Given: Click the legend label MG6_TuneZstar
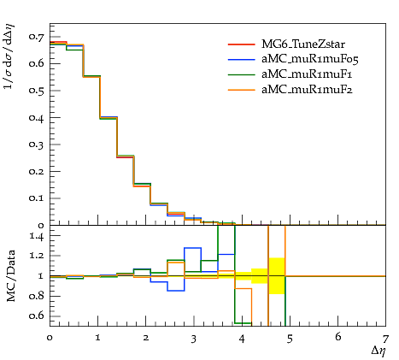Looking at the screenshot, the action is pos(303,44).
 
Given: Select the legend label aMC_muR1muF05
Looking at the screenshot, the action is pos(310,59).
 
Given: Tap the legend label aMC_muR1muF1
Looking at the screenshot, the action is pos(307,74).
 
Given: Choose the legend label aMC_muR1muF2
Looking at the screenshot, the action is pos(307,90).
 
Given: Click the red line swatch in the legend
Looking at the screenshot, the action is pos(241,44).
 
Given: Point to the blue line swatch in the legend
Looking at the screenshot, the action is pos(241,59).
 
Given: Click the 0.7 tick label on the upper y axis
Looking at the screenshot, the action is pos(36,37).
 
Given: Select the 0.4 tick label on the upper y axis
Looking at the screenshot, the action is pos(36,117).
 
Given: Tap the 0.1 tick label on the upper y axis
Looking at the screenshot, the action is pos(36,198).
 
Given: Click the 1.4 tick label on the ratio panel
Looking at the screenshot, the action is pos(37,236).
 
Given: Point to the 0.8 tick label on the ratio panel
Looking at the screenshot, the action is pos(36,296).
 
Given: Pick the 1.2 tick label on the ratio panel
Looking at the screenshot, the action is pos(37,256).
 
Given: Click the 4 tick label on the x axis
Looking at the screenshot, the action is pos(242,339).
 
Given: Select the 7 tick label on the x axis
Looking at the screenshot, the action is pos(385,339).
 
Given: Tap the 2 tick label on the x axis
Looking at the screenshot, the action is pos(146,338).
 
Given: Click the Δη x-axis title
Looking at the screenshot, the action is pos(379,351).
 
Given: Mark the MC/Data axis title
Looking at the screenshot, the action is pos(11,276).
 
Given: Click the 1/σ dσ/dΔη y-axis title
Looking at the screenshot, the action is pos(9,56).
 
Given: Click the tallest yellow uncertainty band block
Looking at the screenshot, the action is pos(277,276).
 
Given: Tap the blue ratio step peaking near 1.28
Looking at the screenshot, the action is pos(192,248).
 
